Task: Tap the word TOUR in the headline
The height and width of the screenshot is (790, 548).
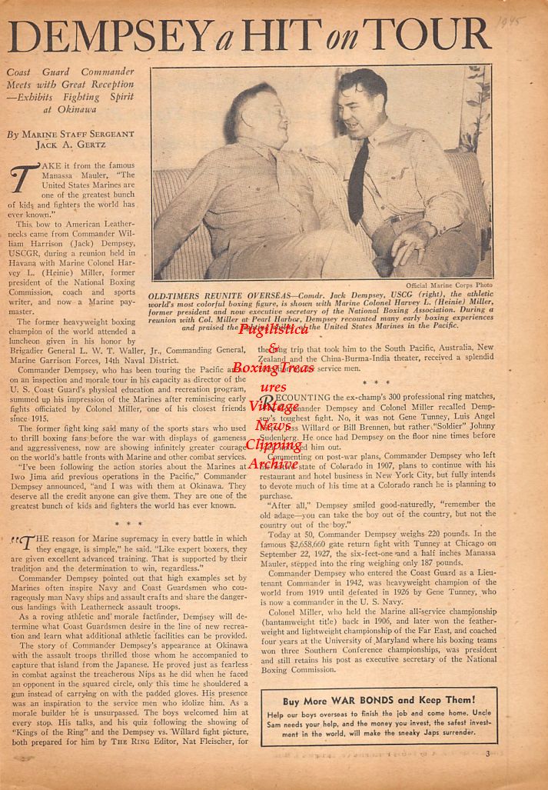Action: [430, 35]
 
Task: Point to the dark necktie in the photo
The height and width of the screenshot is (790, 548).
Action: [357, 180]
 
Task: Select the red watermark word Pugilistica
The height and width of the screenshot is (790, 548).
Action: [274, 328]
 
